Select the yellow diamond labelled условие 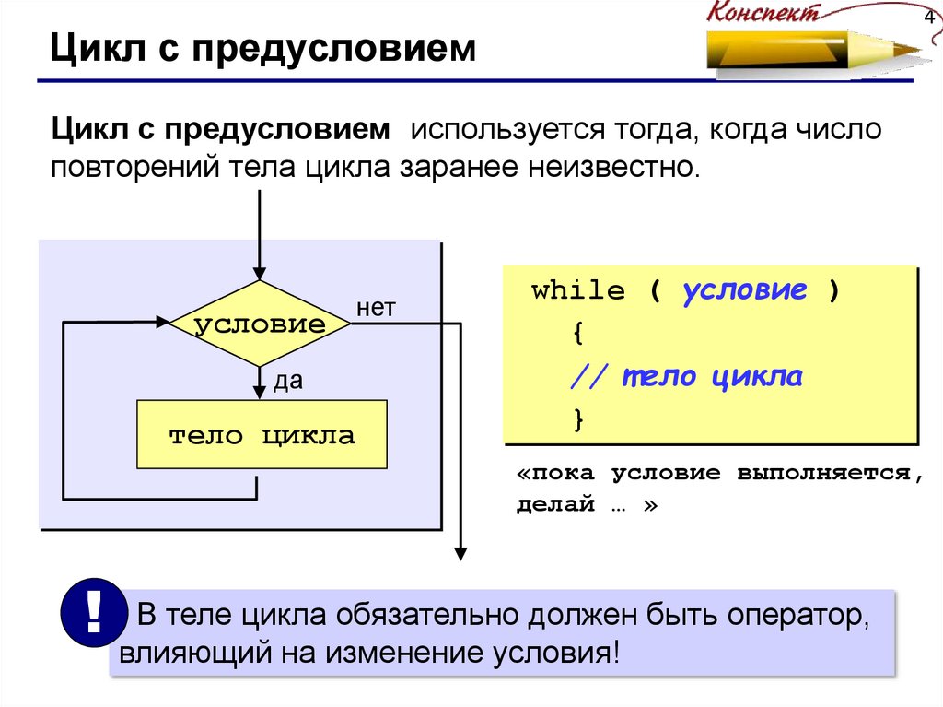261,324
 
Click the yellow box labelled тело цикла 262,434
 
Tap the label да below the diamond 287,381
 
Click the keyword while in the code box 578,291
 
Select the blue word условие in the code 744,291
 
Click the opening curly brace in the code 577,334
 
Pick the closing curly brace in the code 578,419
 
